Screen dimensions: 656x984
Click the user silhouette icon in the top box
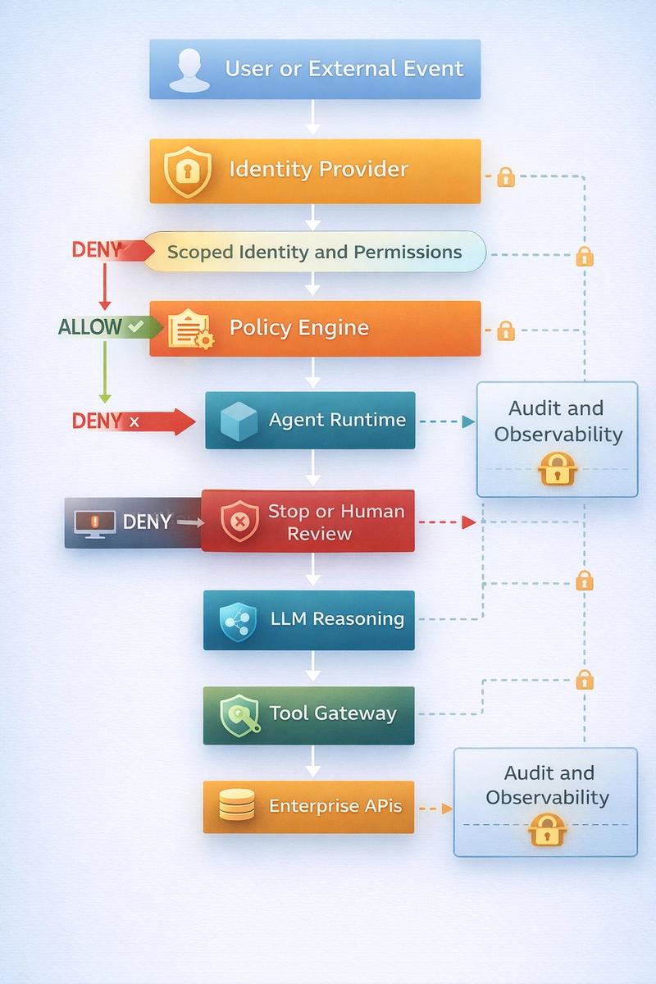click(x=189, y=71)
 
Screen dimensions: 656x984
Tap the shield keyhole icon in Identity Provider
click(x=188, y=171)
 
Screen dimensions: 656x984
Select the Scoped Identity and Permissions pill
click(x=315, y=252)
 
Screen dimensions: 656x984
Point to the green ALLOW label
click(x=90, y=327)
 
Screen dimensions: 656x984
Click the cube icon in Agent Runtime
click(x=239, y=421)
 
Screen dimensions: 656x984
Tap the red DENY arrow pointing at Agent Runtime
click(x=134, y=421)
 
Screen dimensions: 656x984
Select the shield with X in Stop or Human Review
click(x=239, y=521)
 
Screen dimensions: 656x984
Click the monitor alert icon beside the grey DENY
click(x=95, y=524)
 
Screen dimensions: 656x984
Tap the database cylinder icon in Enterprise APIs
click(x=237, y=804)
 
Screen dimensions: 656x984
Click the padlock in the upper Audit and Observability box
click(x=557, y=469)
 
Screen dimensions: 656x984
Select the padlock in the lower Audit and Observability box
click(x=547, y=830)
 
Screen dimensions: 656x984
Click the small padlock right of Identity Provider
click(x=506, y=177)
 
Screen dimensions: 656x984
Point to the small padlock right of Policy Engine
click(x=506, y=330)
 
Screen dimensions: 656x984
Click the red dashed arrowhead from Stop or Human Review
click(x=469, y=522)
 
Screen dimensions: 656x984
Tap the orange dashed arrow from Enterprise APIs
click(x=435, y=809)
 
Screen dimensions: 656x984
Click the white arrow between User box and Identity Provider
click(x=313, y=117)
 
